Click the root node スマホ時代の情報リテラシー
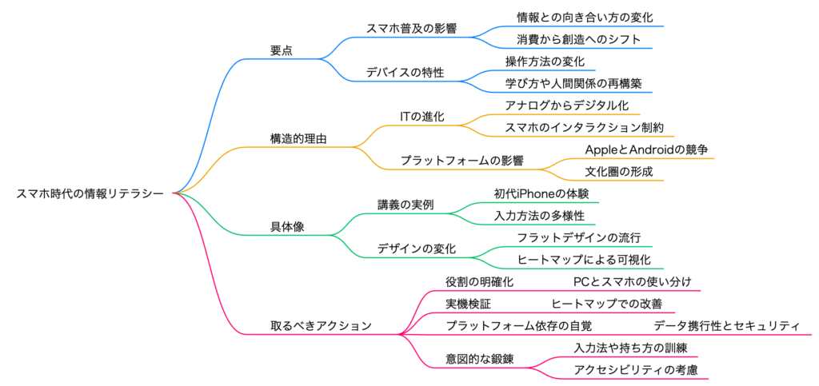pos(90,193)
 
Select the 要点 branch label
pos(282,50)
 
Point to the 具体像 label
pos(286,227)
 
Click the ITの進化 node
pos(421,117)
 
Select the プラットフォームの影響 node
pos(461,161)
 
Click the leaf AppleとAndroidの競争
pos(646,149)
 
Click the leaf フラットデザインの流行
pos(578,237)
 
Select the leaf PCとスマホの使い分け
pos(632,281)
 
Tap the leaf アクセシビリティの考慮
pos(636,369)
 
